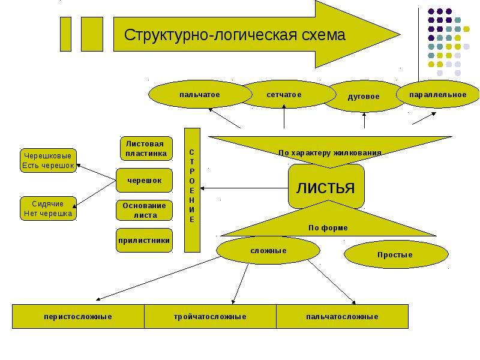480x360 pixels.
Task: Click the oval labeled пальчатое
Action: click(x=200, y=94)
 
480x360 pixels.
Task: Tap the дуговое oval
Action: click(x=364, y=97)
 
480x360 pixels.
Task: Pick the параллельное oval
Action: click(x=438, y=94)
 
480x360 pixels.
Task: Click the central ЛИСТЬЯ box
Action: click(x=326, y=187)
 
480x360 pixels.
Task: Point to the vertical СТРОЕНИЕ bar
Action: click(x=192, y=190)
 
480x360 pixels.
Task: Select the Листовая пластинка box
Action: click(x=146, y=148)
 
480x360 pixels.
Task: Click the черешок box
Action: click(x=144, y=181)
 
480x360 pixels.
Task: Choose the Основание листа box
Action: click(x=144, y=211)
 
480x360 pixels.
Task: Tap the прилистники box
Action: click(x=144, y=241)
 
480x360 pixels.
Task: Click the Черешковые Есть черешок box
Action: click(x=48, y=161)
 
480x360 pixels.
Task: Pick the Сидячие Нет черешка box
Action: click(x=48, y=208)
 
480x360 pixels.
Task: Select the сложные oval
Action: click(x=268, y=250)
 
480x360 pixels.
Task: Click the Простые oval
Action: click(x=396, y=254)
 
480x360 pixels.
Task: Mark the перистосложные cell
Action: click(x=79, y=317)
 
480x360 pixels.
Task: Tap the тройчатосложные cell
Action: click(x=211, y=317)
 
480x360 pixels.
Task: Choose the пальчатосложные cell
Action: click(x=342, y=317)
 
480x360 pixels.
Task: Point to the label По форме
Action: click(x=328, y=228)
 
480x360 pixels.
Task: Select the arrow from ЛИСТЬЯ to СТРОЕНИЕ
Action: click(x=244, y=188)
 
